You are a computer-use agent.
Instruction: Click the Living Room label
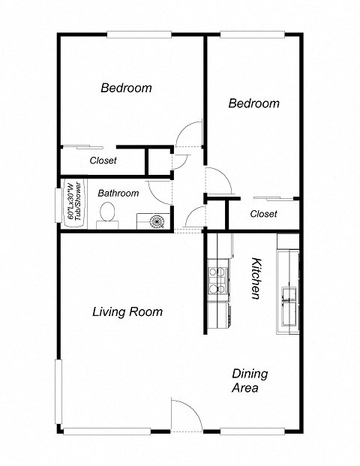point(127,311)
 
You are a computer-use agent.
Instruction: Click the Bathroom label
point(118,193)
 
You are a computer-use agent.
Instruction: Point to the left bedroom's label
point(126,88)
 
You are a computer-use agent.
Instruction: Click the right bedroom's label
point(253,103)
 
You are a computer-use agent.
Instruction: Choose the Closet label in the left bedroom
point(103,161)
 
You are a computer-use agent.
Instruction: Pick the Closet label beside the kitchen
point(263,214)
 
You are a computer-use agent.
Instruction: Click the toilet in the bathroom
point(108,213)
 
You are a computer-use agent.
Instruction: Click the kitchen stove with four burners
point(217,279)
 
